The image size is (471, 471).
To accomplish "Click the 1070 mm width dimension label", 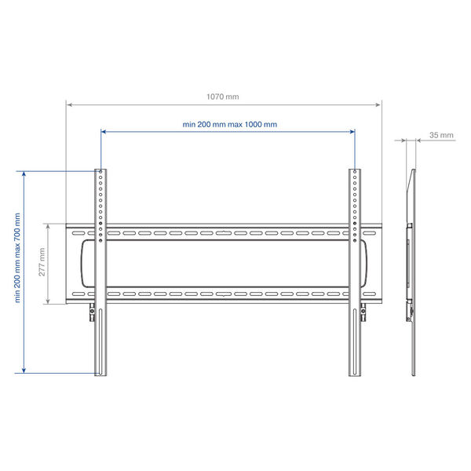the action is pyautogui.click(x=223, y=97).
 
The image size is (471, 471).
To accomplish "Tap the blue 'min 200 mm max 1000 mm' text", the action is pyautogui.click(x=230, y=124).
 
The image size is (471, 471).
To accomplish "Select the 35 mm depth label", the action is pyautogui.click(x=441, y=135).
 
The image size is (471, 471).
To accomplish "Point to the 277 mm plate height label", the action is pyautogui.click(x=42, y=262).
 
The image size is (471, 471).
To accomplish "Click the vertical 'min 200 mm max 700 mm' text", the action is pyautogui.click(x=17, y=257).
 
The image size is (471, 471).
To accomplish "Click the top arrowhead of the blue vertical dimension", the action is pyautogui.click(x=24, y=174).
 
